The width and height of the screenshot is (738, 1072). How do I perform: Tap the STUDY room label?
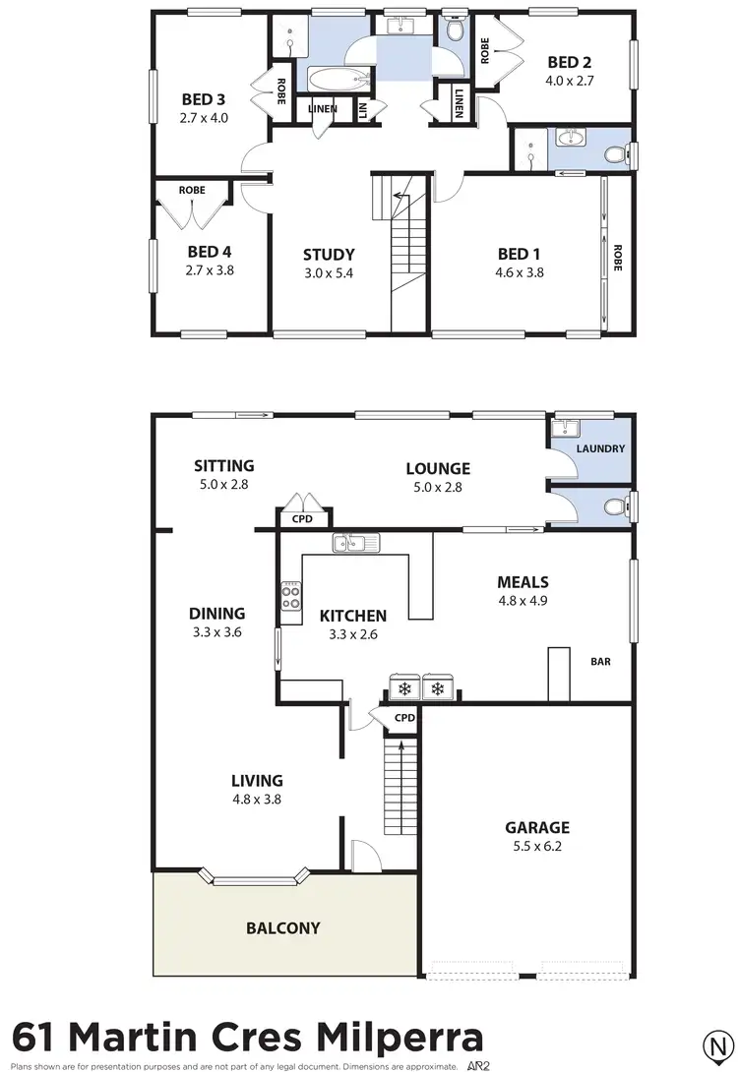pyautogui.click(x=329, y=254)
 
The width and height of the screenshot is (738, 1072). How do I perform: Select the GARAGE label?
pyautogui.click(x=537, y=827)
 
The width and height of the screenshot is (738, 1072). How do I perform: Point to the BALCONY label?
pyautogui.click(x=283, y=927)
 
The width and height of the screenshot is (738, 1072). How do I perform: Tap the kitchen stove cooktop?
pyautogui.click(x=291, y=597)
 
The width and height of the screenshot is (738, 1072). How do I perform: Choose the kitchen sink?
pyautogui.click(x=351, y=542)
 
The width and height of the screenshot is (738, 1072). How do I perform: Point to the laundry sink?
pyautogui.click(x=567, y=429)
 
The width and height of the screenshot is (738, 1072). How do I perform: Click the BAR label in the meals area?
pyautogui.click(x=600, y=662)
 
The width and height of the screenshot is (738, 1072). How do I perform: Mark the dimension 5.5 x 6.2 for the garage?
pyautogui.click(x=537, y=846)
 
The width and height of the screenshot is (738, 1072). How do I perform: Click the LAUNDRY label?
pyautogui.click(x=600, y=448)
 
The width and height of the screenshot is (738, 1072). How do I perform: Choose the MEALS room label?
pyautogui.click(x=523, y=582)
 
